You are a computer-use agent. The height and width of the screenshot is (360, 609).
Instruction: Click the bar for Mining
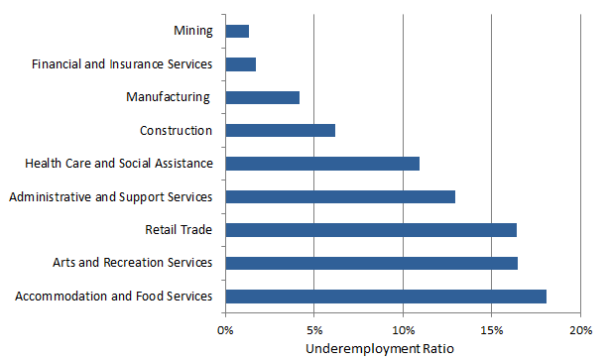(x=237, y=31)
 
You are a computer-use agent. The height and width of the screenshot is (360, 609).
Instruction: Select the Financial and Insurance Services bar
(x=241, y=64)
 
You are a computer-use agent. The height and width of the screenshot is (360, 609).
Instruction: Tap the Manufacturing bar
(x=263, y=97)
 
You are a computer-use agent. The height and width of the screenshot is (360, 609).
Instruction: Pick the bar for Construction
(x=281, y=130)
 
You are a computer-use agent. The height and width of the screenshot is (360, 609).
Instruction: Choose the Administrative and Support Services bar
(x=340, y=196)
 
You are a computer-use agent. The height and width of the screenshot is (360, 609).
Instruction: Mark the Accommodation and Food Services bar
(x=386, y=296)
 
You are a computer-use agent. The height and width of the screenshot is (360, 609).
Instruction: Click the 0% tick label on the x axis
(x=225, y=329)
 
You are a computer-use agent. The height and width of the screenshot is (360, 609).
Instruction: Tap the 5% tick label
(x=313, y=329)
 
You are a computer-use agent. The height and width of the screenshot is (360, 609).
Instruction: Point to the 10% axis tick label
(x=403, y=329)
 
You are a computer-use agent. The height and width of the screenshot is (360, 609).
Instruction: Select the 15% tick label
(x=491, y=329)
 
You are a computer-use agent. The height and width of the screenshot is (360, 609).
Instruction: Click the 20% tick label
(x=580, y=329)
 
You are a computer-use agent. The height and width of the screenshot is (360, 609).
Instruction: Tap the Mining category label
(x=191, y=31)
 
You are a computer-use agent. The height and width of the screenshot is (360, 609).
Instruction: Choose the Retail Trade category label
(x=179, y=230)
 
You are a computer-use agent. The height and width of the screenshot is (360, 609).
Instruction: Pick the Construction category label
(x=176, y=130)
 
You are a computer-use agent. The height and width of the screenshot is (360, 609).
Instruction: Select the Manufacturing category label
(x=169, y=97)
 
